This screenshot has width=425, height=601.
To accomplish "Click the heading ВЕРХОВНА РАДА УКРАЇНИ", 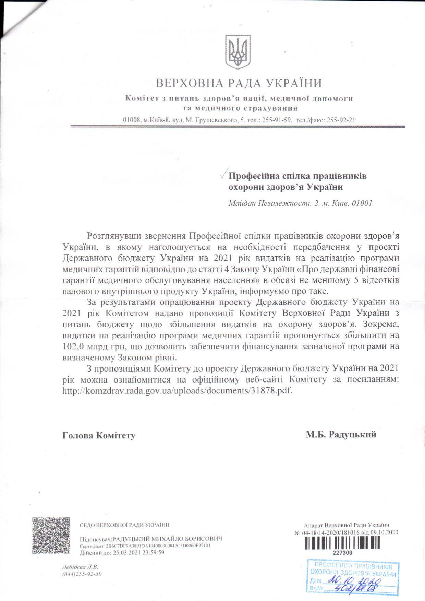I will coord(239,83).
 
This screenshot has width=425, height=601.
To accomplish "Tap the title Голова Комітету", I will coord(99,436).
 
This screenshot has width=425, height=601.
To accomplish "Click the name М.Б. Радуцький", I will coord(341,435).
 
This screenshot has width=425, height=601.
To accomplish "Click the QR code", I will coord(51,536).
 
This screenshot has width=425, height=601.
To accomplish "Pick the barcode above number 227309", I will coord(342,543).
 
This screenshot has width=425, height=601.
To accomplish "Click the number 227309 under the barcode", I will coord(342,552).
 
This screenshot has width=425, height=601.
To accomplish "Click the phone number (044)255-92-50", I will coord(82,574).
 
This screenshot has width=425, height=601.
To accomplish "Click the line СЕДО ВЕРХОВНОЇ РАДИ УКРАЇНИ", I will coord(124,525).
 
